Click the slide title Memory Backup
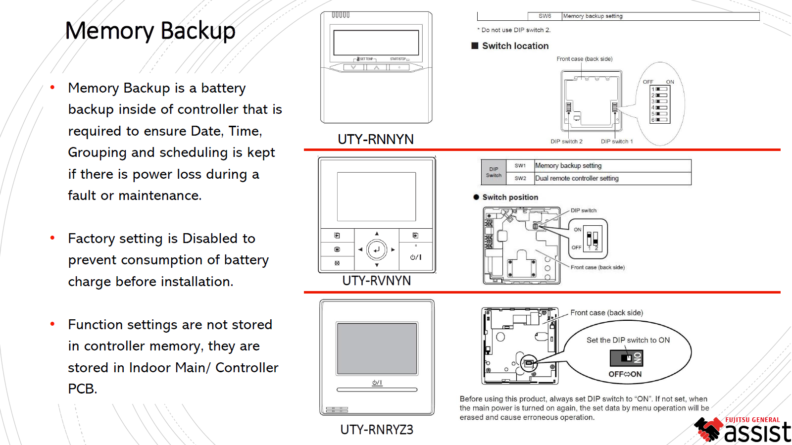[150, 31]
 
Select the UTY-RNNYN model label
[376, 139]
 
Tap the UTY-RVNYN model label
[376, 281]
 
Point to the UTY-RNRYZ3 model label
[377, 429]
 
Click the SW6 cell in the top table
[544, 16]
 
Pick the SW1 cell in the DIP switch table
[520, 166]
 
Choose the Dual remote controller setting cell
[577, 178]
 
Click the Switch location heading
[515, 46]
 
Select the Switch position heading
[510, 197]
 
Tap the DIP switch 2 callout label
[566, 142]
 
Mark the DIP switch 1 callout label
[617, 142]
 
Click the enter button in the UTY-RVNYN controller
[377, 249]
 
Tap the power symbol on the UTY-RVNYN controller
[416, 257]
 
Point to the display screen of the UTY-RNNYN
[376, 43]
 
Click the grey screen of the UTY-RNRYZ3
[377, 348]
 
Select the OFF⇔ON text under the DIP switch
[625, 374]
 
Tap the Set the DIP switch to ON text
[628, 340]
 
